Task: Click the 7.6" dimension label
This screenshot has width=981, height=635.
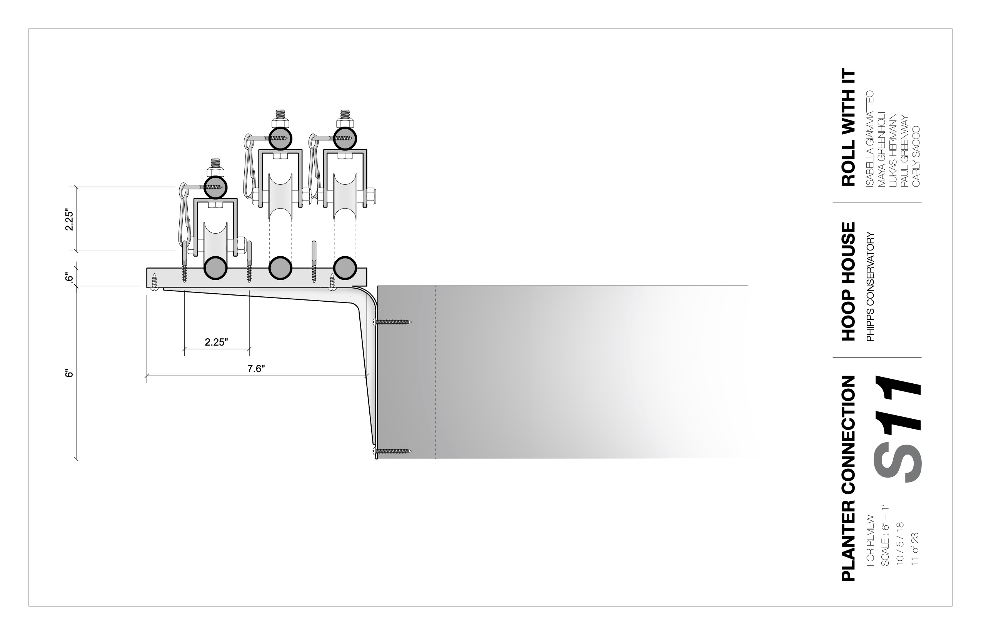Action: click(256, 369)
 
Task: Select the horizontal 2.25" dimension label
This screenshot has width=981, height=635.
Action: click(216, 342)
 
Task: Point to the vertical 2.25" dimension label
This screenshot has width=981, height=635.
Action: click(69, 221)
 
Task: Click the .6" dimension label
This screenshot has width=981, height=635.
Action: click(69, 277)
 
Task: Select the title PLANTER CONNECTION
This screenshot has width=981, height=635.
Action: click(849, 478)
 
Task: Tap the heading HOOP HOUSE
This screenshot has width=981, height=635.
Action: click(849, 282)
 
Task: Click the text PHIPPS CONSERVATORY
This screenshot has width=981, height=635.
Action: click(870, 287)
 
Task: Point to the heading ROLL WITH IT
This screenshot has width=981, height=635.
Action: click(849, 127)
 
